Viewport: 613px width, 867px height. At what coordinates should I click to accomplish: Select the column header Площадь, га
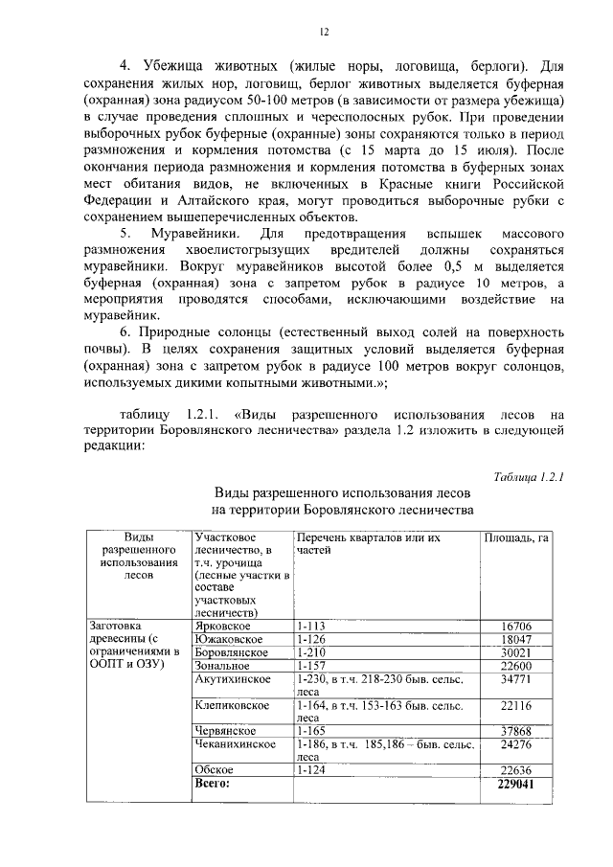point(516,538)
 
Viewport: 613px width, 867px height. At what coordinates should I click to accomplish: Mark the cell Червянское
point(225,731)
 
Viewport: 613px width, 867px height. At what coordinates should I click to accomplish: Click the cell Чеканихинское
point(235,743)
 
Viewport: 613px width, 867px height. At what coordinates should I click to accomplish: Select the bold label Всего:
point(215,783)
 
